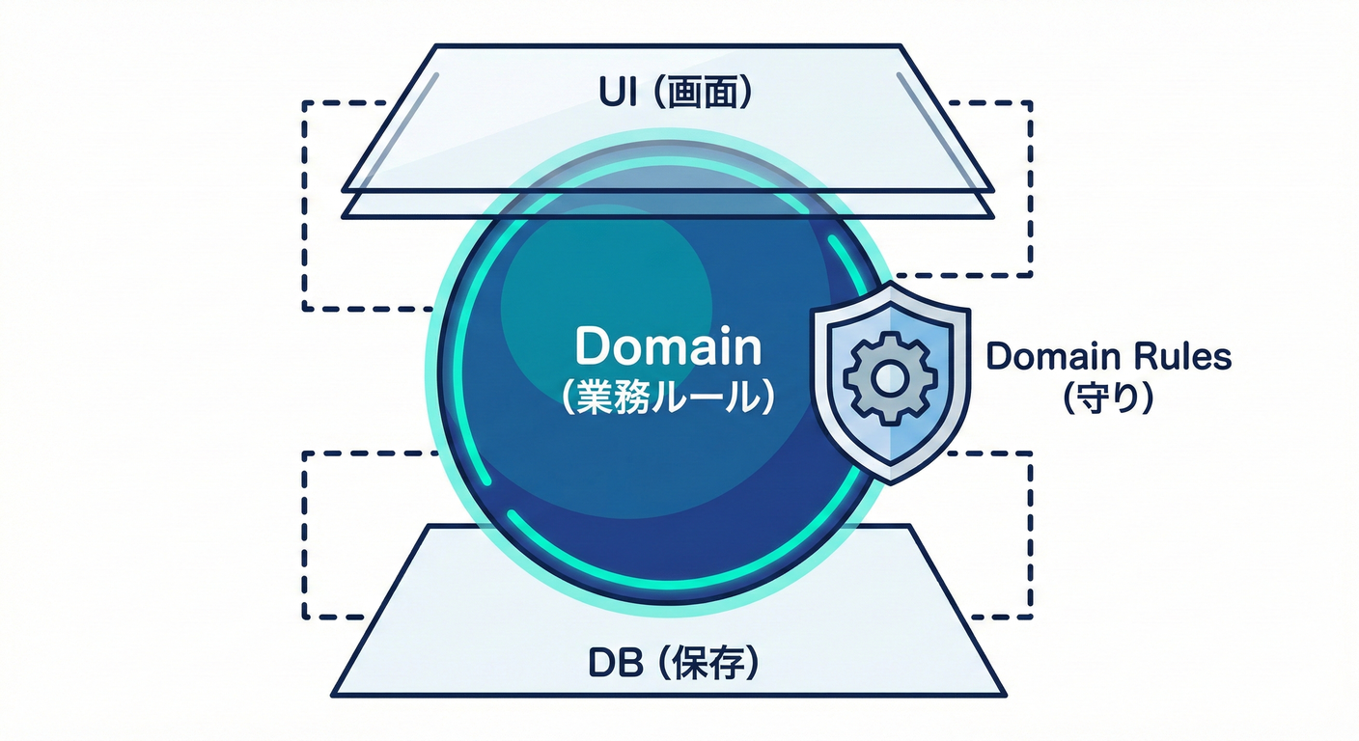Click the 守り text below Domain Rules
pos(1108,398)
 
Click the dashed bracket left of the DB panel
pos(304,535)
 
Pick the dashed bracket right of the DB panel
pos(1031,535)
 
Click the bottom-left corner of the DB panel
pos(334,695)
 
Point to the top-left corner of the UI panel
pos(436,45)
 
